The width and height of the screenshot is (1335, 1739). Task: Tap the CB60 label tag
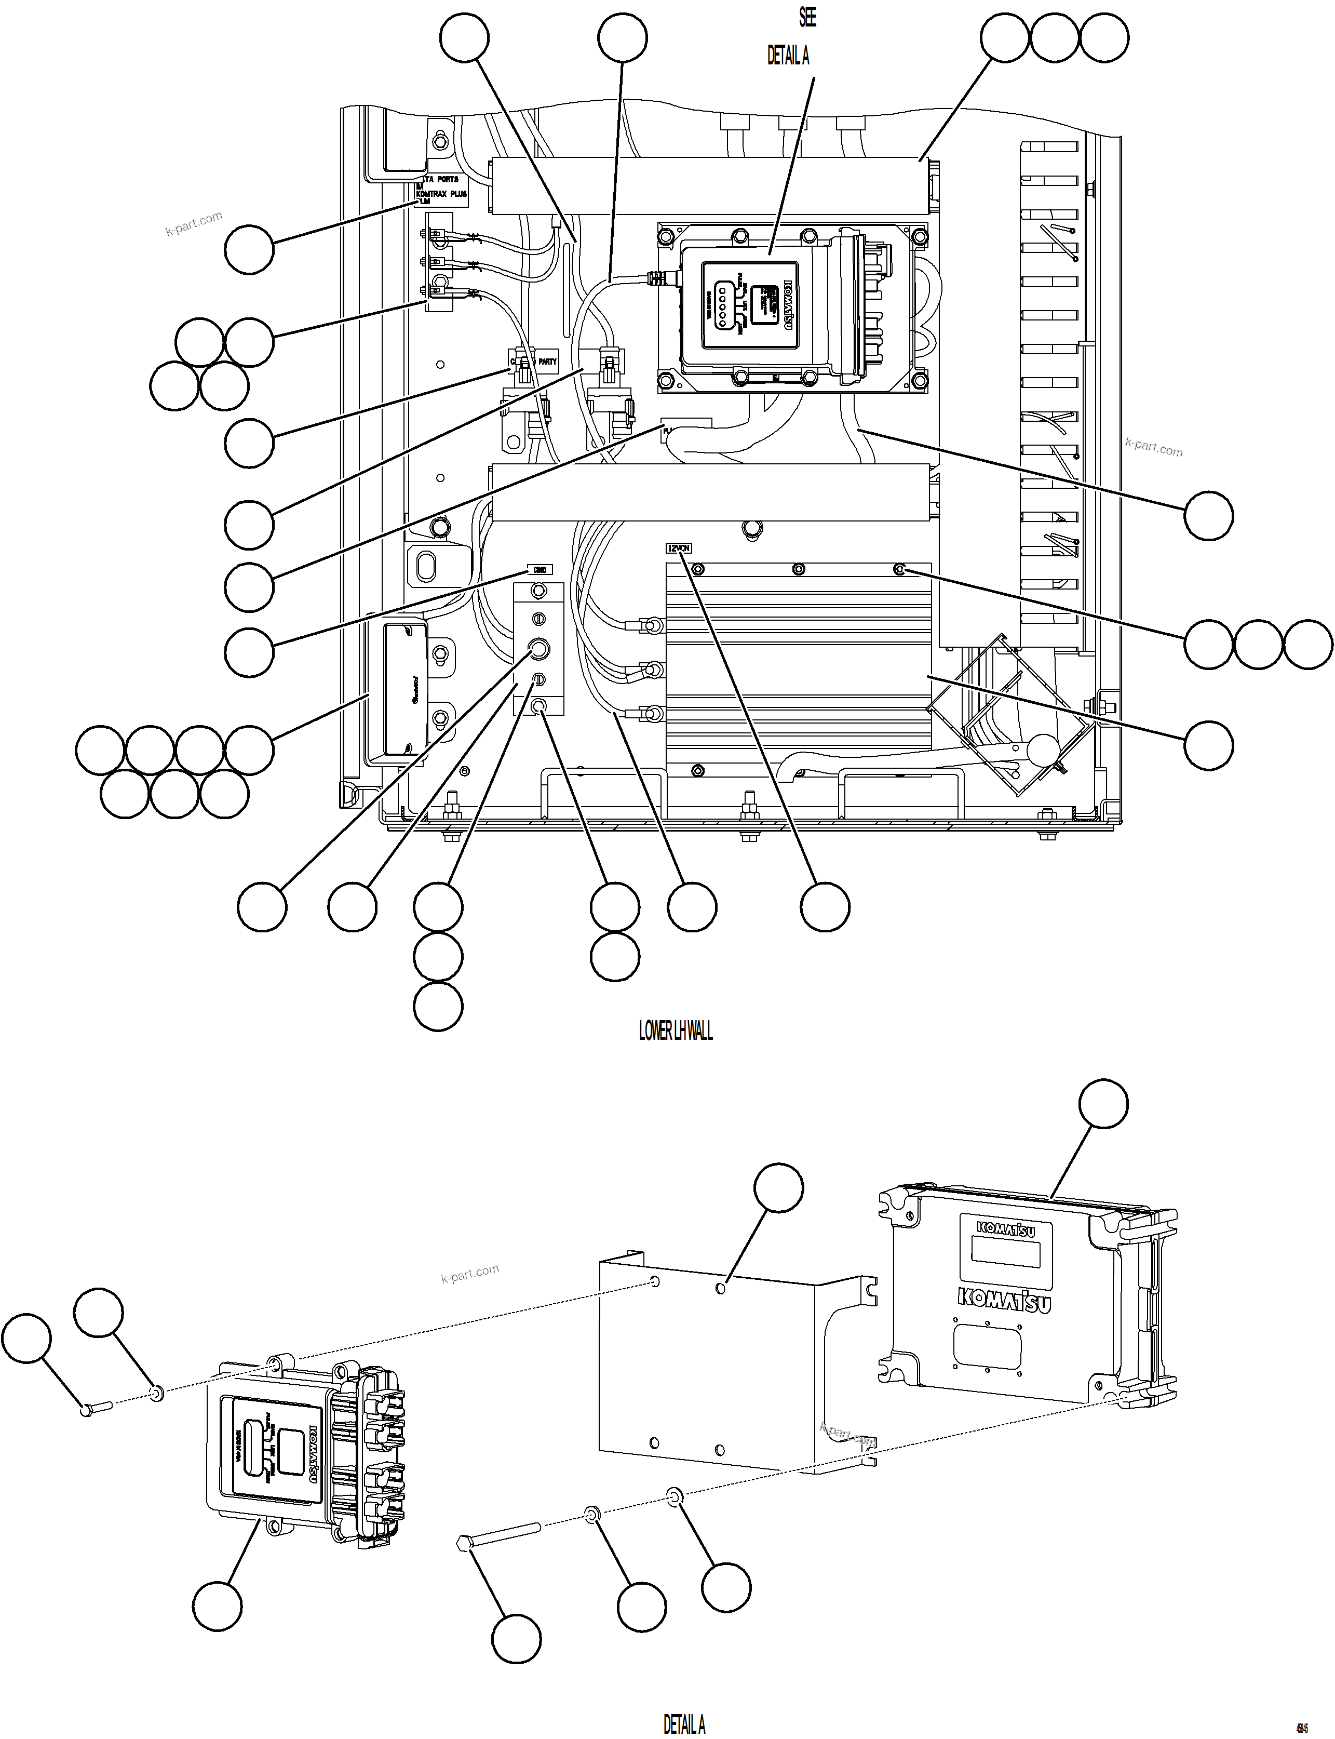(x=540, y=570)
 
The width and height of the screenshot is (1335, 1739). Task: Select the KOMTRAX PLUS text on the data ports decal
(x=442, y=194)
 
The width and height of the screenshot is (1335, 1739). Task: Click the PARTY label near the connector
(x=547, y=362)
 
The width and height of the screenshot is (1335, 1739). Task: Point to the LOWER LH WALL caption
(x=676, y=1031)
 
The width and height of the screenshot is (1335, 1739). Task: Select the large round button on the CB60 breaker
(x=539, y=649)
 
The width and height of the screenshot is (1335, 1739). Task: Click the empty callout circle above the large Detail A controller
(x=1103, y=1103)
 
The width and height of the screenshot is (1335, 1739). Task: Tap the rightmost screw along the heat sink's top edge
(x=899, y=569)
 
